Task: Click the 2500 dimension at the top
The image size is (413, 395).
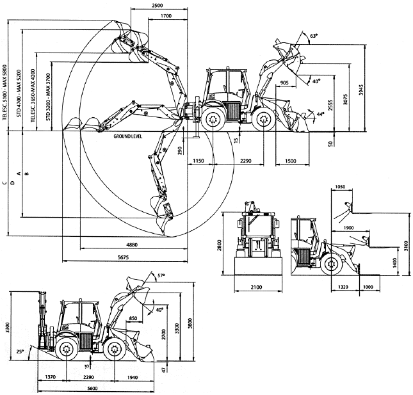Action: pyautogui.click(x=158, y=5)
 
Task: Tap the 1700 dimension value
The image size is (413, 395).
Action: pyautogui.click(x=166, y=16)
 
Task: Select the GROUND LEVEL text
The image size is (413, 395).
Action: pyautogui.click(x=128, y=136)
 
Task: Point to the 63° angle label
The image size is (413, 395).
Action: pyautogui.click(x=314, y=36)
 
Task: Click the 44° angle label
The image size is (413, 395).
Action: pyautogui.click(x=320, y=114)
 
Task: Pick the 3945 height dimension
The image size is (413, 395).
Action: pyautogui.click(x=361, y=90)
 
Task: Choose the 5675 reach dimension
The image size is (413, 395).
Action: pyautogui.click(x=123, y=257)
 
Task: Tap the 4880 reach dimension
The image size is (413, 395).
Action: pyautogui.click(x=132, y=245)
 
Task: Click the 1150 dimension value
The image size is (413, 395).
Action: pyautogui.click(x=198, y=161)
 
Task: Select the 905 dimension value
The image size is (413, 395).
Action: pyautogui.click(x=284, y=83)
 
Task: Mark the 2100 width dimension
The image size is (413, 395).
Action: pyautogui.click(x=256, y=287)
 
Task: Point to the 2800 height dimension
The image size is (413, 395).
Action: pyautogui.click(x=219, y=245)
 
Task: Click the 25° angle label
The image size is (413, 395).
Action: pyautogui.click(x=20, y=351)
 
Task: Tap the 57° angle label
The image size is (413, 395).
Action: pyautogui.click(x=161, y=276)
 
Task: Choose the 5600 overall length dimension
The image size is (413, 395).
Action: pyautogui.click(x=92, y=388)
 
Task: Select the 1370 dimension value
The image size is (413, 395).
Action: pyautogui.click(x=50, y=377)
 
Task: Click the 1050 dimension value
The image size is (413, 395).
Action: pyautogui.click(x=340, y=187)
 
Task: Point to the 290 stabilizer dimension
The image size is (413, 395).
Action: pyautogui.click(x=180, y=150)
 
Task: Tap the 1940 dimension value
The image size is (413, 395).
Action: pyautogui.click(x=132, y=377)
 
